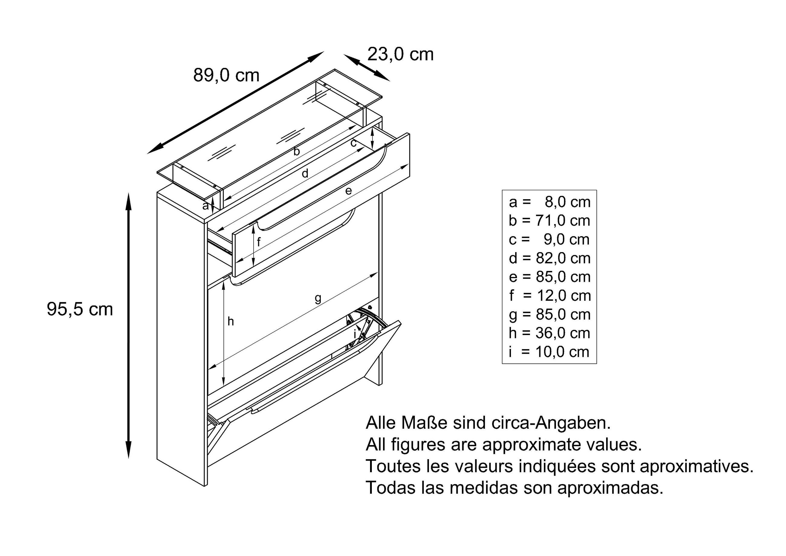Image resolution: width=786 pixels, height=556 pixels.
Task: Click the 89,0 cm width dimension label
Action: click(x=226, y=75)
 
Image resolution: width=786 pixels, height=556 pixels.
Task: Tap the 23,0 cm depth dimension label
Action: click(x=400, y=54)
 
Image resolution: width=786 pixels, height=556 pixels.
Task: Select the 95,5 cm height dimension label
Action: click(x=80, y=309)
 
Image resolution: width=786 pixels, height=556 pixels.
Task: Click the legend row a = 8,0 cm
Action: click(x=550, y=202)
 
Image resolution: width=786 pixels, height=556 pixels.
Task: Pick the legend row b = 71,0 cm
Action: click(x=550, y=220)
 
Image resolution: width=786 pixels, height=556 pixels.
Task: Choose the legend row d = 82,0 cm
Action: click(x=550, y=258)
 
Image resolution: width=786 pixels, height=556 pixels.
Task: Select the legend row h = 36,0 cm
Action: click(x=550, y=333)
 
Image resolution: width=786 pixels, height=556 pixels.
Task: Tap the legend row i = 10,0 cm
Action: click(x=550, y=352)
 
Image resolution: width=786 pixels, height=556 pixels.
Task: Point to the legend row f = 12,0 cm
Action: click(x=550, y=295)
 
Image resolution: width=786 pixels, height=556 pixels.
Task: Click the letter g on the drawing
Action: click(x=318, y=298)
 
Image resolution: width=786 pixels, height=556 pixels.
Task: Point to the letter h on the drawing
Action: click(x=231, y=321)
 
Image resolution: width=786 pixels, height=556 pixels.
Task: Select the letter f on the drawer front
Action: click(x=259, y=242)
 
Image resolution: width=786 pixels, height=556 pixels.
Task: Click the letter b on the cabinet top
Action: click(x=297, y=151)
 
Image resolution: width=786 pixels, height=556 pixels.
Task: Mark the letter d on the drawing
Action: click(x=305, y=174)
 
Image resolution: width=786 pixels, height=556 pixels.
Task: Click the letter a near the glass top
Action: click(x=205, y=206)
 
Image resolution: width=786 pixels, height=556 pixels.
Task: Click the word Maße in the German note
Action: click(x=424, y=423)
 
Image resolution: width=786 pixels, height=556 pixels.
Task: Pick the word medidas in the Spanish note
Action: click(x=483, y=488)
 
